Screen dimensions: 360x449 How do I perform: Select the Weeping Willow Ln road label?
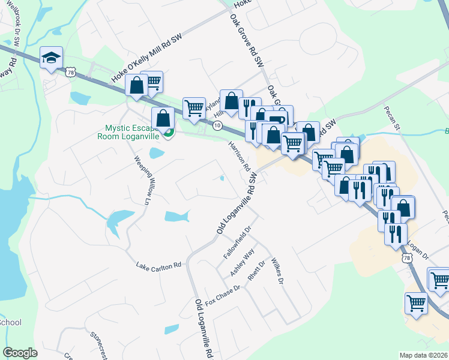point(143,181)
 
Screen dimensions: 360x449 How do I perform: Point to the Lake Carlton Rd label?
point(158,265)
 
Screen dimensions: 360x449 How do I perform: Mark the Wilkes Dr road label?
point(276,272)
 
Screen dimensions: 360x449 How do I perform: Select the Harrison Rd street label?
point(238,155)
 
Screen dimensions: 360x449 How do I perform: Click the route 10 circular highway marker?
point(217,125)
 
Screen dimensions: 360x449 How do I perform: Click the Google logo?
point(20,353)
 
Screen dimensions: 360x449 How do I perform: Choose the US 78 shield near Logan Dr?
point(406,257)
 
